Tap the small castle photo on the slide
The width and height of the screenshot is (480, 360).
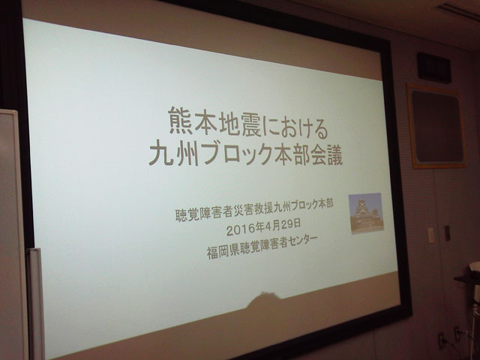[366, 213]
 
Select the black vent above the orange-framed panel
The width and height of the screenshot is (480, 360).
[434, 67]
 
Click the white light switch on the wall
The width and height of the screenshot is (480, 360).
[430, 235]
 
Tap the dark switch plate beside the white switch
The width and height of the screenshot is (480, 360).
[447, 232]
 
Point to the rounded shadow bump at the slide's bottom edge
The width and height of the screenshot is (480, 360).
[263, 298]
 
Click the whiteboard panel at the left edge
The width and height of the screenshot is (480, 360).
[10, 232]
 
